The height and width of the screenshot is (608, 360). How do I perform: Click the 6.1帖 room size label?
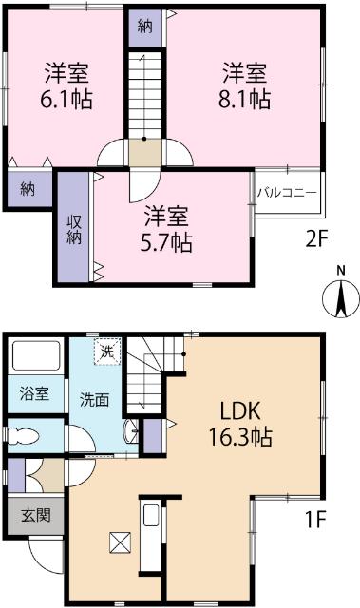pos(66,99)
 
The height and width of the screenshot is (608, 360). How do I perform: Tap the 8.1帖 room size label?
pos(245,99)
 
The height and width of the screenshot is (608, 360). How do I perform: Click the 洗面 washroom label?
pos(94,400)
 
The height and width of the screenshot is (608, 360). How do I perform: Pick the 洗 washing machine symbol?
pos(110,351)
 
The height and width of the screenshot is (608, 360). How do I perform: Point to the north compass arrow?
pos(342,299)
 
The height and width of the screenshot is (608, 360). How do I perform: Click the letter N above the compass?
pos(342,271)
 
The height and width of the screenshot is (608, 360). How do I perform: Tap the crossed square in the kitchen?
pos(121,542)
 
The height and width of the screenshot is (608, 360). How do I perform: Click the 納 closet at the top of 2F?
pos(144,26)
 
